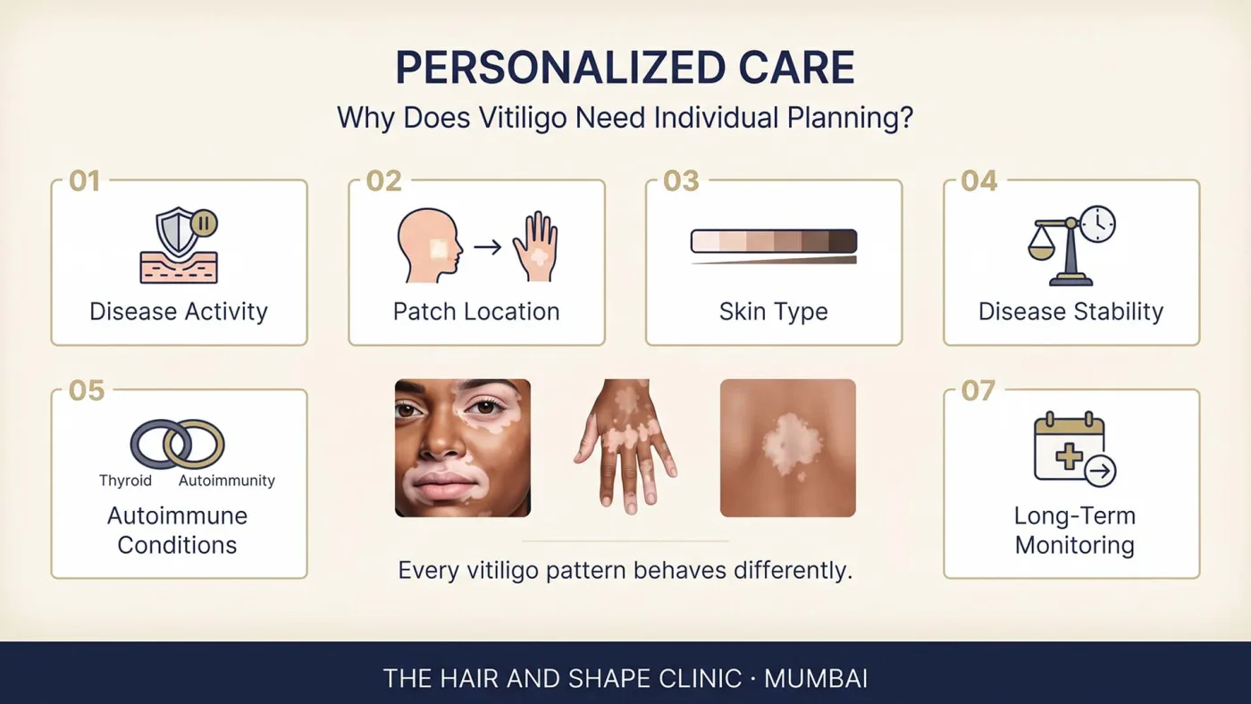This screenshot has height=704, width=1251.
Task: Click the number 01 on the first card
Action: pyautogui.click(x=84, y=180)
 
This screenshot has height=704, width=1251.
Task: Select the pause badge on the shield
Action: pyautogui.click(x=204, y=223)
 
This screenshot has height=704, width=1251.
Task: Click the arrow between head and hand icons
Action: pyautogui.click(x=488, y=247)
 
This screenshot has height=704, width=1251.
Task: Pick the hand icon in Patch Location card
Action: pyautogui.click(x=536, y=246)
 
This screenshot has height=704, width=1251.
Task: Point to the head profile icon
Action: pyautogui.click(x=430, y=245)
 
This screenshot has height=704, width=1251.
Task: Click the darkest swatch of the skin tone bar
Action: pyautogui.click(x=843, y=241)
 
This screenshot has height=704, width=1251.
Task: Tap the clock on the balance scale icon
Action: pyautogui.click(x=1097, y=224)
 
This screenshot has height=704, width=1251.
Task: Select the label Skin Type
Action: pyautogui.click(x=774, y=312)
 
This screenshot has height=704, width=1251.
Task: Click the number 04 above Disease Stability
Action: pyautogui.click(x=979, y=180)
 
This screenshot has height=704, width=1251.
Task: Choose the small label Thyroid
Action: pyautogui.click(x=126, y=480)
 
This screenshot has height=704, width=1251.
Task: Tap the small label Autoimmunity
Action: pyautogui.click(x=227, y=480)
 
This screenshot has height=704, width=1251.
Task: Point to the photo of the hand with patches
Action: pyautogui.click(x=625, y=447)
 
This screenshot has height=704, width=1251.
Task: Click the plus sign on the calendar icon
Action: pyautogui.click(x=1069, y=457)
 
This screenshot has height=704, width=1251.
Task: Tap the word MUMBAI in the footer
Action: pyautogui.click(x=815, y=679)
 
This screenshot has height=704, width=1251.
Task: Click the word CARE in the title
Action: pyautogui.click(x=796, y=68)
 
